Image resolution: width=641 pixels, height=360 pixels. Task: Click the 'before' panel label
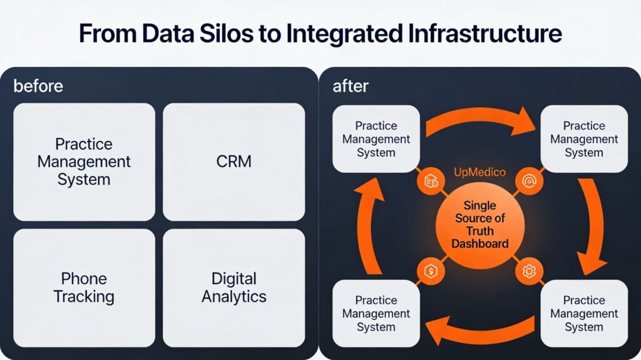(x=38, y=86)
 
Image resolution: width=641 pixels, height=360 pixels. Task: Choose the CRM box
(x=233, y=162)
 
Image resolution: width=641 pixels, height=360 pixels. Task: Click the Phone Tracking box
(x=84, y=287)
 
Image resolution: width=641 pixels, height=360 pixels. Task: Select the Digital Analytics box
(x=233, y=287)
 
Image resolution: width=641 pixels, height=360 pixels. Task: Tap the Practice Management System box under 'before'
(x=84, y=162)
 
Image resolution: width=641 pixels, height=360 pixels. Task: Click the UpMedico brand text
(x=479, y=172)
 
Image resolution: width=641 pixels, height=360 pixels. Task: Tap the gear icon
(x=529, y=271)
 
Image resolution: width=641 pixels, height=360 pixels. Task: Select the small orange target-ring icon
(x=528, y=182)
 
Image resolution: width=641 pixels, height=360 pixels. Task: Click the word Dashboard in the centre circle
(x=479, y=244)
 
